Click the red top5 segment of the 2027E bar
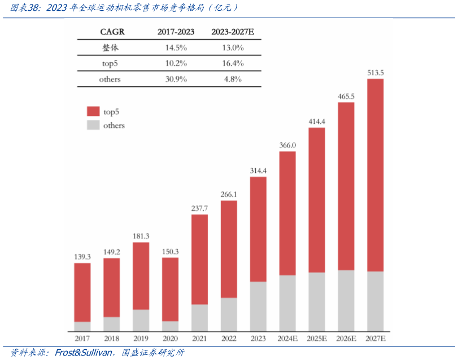376,175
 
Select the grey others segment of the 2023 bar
258,306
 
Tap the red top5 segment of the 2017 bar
82,292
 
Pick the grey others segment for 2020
170,326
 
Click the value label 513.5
376,73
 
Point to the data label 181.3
141,236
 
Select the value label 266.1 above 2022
229,194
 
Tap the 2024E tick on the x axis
287,339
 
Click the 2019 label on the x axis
141,339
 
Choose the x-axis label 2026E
346,339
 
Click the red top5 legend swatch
93,111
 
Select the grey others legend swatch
93,125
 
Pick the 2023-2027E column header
233,32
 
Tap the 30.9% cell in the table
176,79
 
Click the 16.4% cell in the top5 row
233,63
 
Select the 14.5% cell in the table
176,47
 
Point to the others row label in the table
110,79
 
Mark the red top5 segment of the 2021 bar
199,259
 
